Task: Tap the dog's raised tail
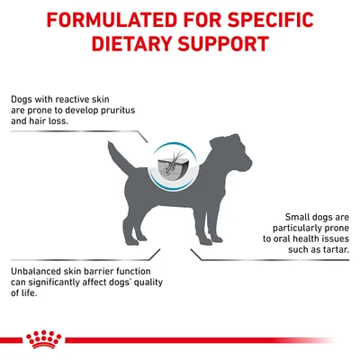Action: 111,149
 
